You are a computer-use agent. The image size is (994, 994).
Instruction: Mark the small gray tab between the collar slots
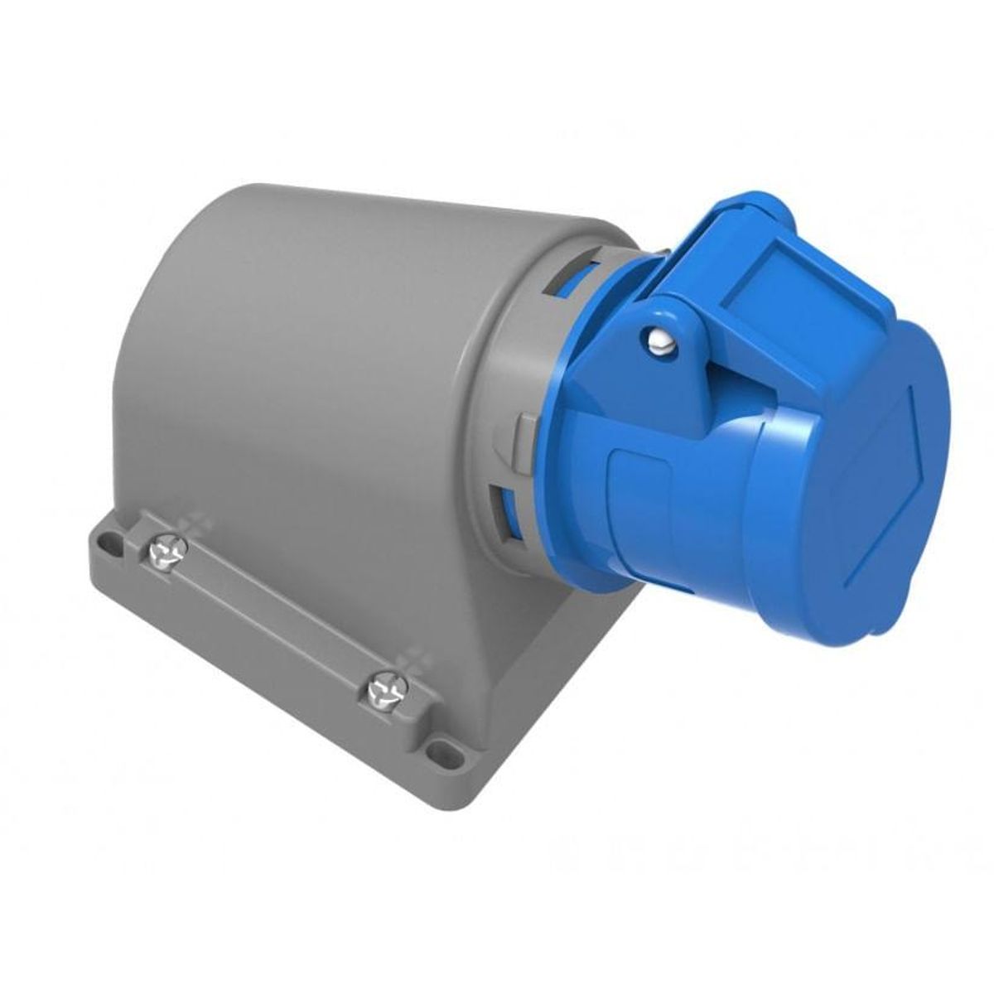pos(523,430)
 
